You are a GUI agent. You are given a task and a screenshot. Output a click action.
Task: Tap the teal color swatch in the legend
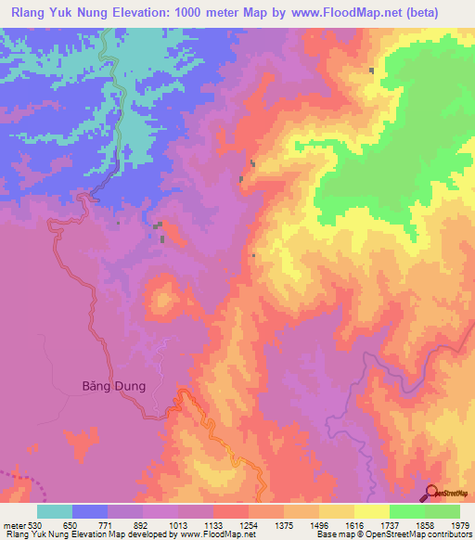tap(55, 511)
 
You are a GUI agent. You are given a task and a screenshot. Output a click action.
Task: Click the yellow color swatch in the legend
tap(371, 511)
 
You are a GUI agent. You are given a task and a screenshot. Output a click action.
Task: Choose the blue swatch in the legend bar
tap(90, 511)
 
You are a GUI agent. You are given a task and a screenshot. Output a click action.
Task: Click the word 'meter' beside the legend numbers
tap(13, 525)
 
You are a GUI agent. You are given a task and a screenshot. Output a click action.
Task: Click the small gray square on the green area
tap(371, 71)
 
